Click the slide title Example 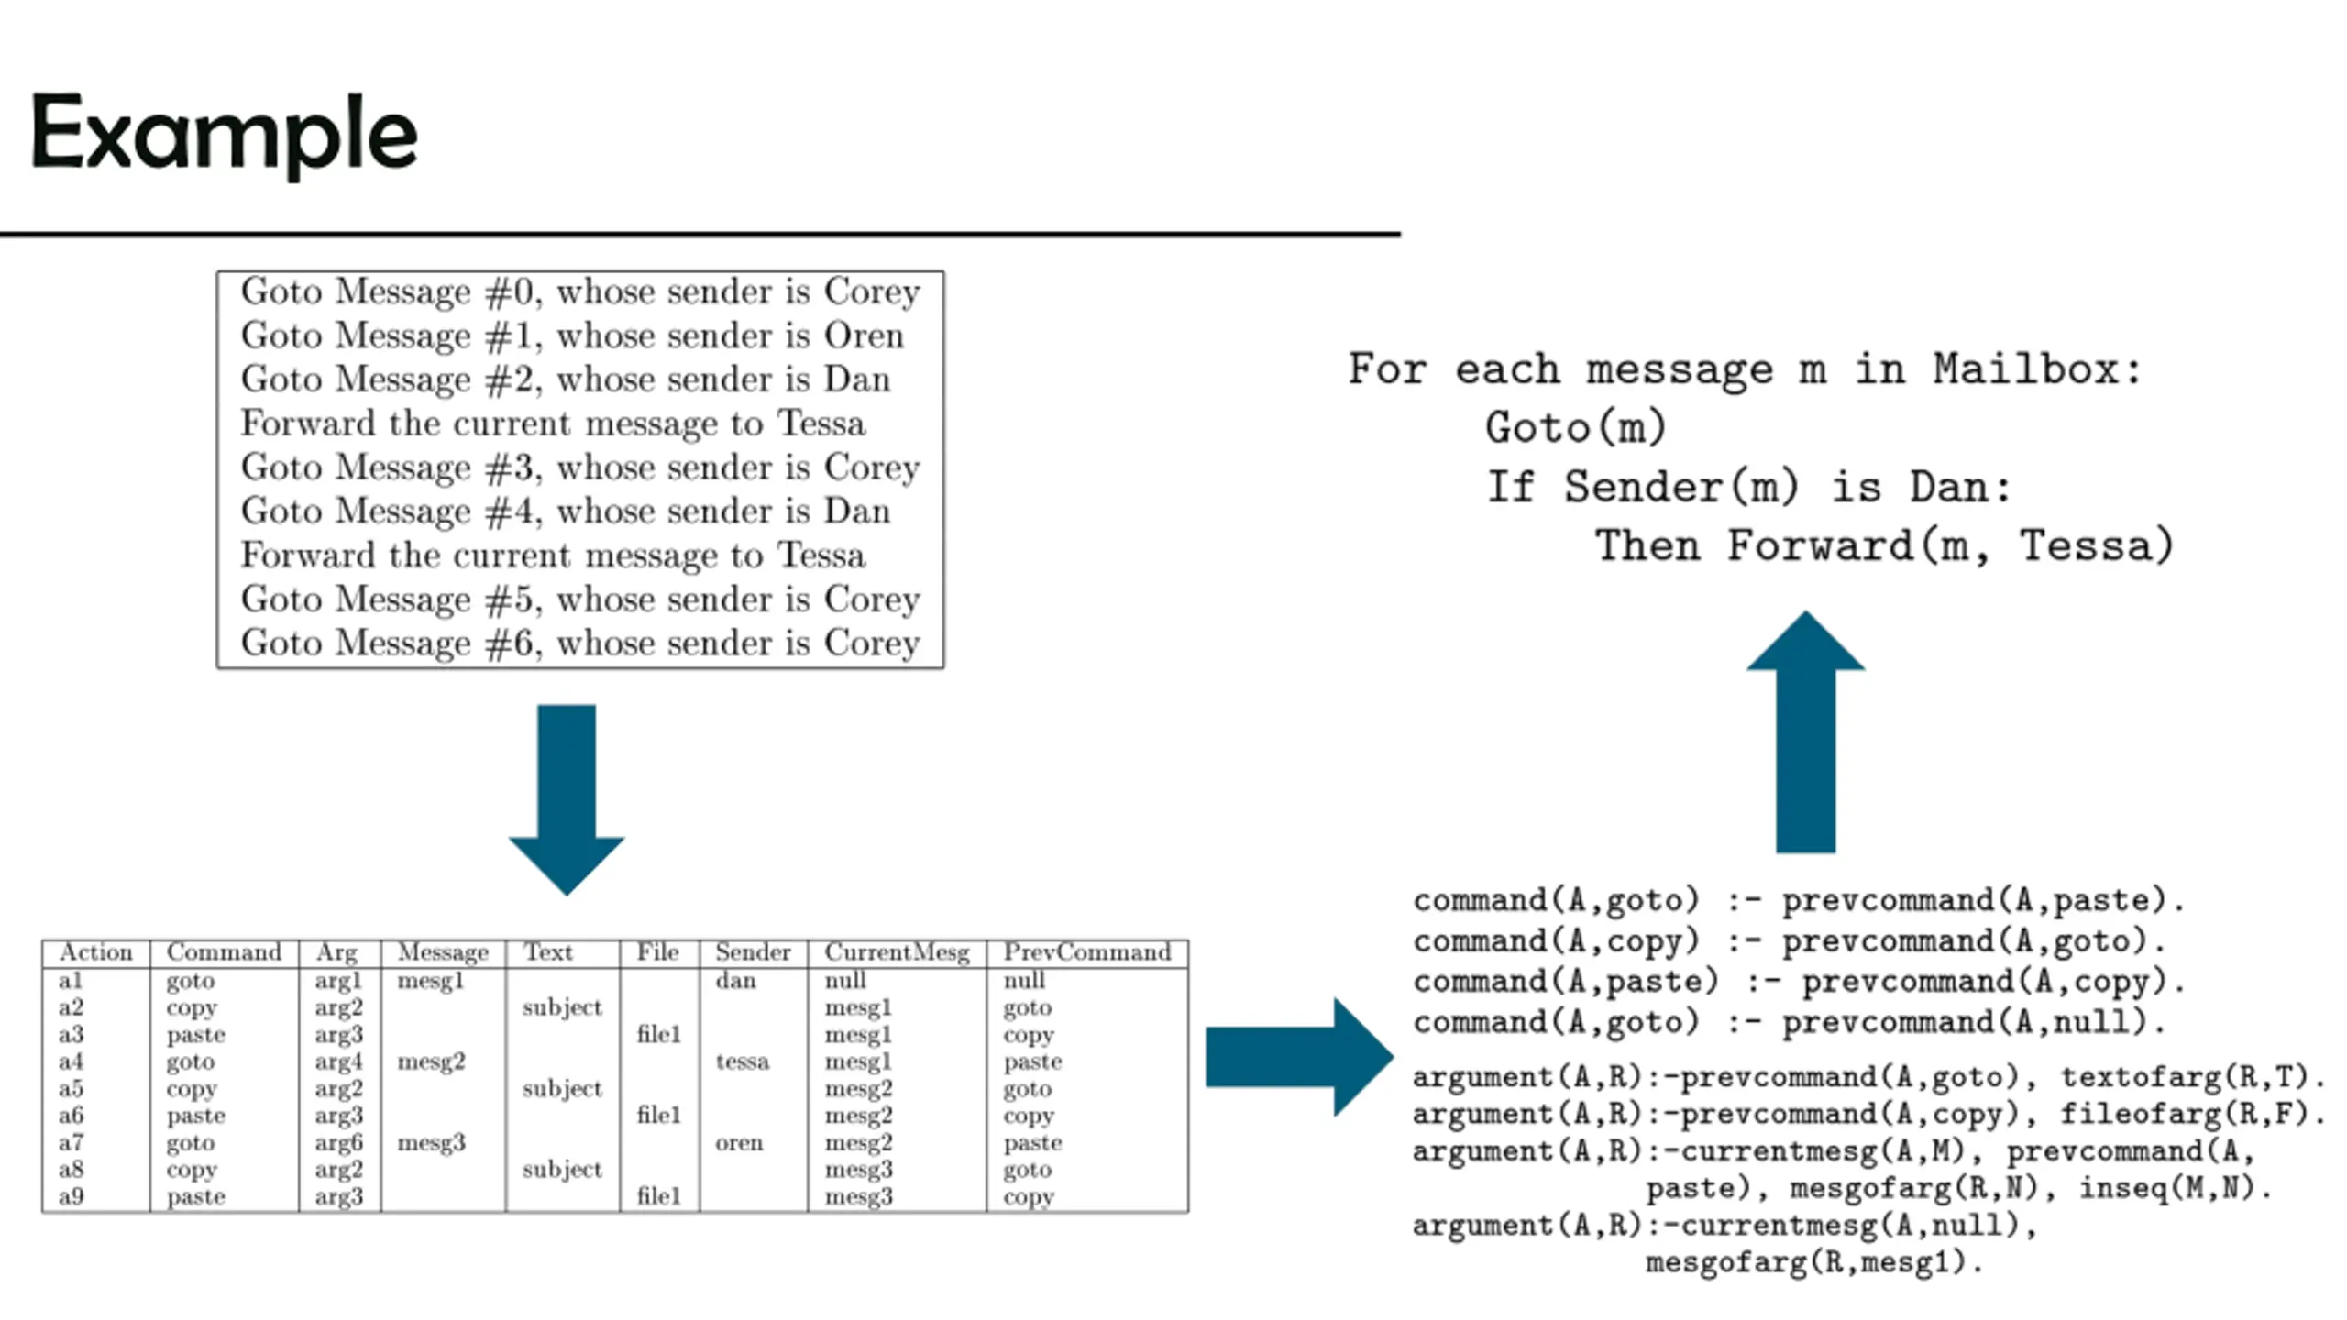coord(225,136)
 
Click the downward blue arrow coord(567,799)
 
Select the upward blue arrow coord(1805,731)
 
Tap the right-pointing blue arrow coord(1300,1057)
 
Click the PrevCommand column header coord(1087,952)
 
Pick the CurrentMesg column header coord(897,953)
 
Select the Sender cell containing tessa coord(742,1061)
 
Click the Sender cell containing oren coord(739,1142)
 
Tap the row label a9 coord(71,1196)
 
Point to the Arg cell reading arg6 coord(338,1143)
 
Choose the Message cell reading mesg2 coord(431,1062)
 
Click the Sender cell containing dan coord(735,981)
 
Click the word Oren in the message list coord(864,335)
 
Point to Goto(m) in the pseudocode coord(1576,428)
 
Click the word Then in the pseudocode coord(1647,545)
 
